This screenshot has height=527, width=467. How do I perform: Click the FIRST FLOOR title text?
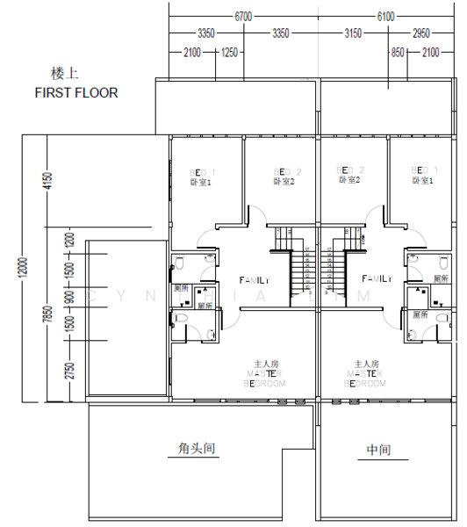(x=75, y=92)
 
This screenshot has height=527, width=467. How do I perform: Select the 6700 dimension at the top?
(x=243, y=16)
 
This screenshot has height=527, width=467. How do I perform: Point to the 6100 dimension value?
(x=385, y=16)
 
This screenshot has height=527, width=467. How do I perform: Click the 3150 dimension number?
(x=353, y=33)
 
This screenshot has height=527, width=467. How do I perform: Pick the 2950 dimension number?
(x=422, y=33)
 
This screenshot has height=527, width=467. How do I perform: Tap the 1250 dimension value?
(x=230, y=53)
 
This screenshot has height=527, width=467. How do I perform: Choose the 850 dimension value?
(x=399, y=53)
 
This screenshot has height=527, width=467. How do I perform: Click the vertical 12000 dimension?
(x=24, y=270)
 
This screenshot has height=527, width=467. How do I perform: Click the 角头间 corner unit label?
(x=191, y=449)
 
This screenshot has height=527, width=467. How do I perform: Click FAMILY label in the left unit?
(x=254, y=279)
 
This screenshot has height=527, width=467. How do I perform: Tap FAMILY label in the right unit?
(x=377, y=278)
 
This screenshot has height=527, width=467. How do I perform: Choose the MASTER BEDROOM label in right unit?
(x=365, y=374)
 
